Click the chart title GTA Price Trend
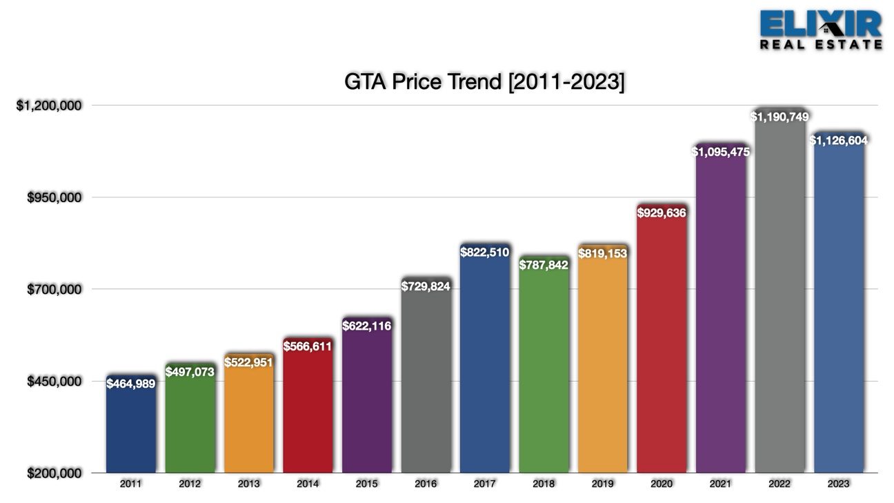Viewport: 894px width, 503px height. point(484,82)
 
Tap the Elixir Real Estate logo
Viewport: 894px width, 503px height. point(821,30)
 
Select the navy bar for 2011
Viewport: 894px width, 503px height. point(131,424)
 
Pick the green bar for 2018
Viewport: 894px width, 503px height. point(544,364)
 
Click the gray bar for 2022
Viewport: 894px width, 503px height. point(779,290)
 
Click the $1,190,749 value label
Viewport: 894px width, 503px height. point(779,117)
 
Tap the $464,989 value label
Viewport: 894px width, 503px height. point(131,384)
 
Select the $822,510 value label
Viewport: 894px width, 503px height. point(484,253)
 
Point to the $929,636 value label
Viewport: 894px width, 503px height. point(662,213)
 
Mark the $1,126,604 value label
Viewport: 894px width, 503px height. point(839,140)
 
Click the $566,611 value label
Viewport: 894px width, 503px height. point(308,346)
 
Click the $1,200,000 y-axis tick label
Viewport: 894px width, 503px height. point(49,106)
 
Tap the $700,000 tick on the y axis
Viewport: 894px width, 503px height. point(54,289)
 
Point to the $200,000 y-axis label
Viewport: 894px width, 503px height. point(54,473)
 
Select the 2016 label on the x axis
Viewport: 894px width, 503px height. point(426,484)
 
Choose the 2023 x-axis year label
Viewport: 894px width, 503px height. point(839,484)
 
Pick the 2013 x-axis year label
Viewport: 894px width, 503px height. point(248,484)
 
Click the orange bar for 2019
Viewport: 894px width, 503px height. point(603,359)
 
